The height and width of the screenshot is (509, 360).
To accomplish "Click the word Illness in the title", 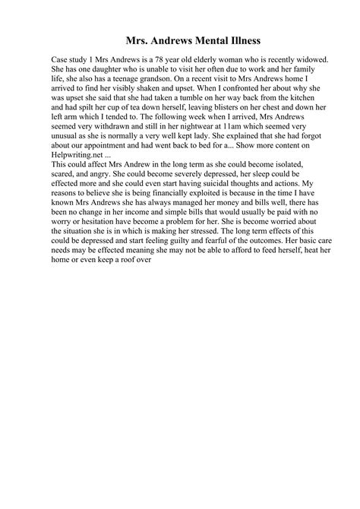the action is tap(243, 37).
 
